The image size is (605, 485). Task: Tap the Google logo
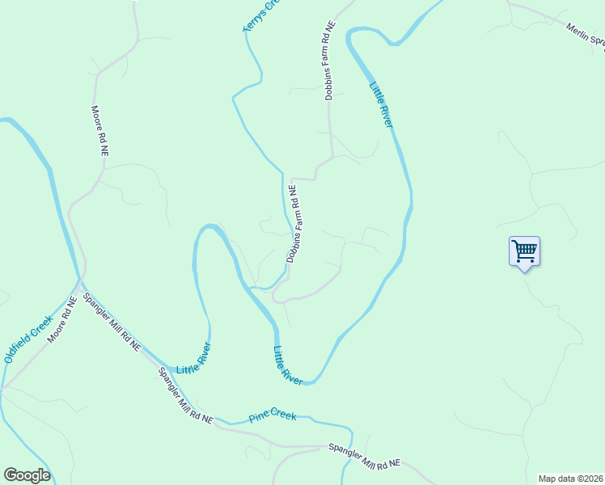(27, 475)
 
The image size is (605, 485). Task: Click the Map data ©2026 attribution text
(570, 479)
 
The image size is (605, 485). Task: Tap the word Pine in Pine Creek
(260, 417)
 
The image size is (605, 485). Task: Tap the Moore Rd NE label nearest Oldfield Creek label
(61, 319)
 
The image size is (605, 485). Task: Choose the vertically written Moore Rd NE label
(99, 131)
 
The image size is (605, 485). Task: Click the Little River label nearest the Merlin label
(381, 104)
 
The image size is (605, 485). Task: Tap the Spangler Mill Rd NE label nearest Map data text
(364, 455)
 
